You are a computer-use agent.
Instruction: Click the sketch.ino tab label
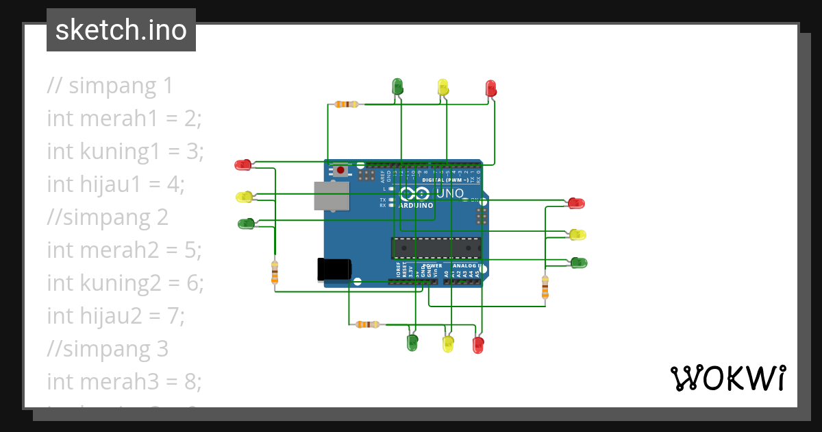(x=121, y=30)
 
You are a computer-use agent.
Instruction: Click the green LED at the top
(x=397, y=86)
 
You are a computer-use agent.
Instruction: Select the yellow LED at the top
(x=443, y=87)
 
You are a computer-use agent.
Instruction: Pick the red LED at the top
(x=490, y=88)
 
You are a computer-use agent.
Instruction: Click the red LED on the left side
(x=243, y=165)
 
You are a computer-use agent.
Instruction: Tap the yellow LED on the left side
(x=244, y=197)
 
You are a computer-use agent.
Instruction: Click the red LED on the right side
(x=576, y=203)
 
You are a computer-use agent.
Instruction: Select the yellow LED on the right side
(x=577, y=235)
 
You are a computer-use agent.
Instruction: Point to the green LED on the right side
(x=579, y=263)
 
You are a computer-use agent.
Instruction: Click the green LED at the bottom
(x=412, y=342)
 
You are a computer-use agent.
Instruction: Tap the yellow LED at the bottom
(x=448, y=344)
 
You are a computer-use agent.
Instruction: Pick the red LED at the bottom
(x=478, y=344)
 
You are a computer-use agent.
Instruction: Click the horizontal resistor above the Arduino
(x=347, y=104)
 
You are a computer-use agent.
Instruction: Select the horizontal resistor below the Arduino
(x=368, y=324)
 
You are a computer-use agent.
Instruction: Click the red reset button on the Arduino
(x=340, y=169)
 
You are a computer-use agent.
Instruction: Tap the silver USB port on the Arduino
(x=331, y=195)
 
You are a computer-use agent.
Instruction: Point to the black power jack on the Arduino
(x=334, y=269)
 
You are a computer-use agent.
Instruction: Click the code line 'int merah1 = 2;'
(x=124, y=119)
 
